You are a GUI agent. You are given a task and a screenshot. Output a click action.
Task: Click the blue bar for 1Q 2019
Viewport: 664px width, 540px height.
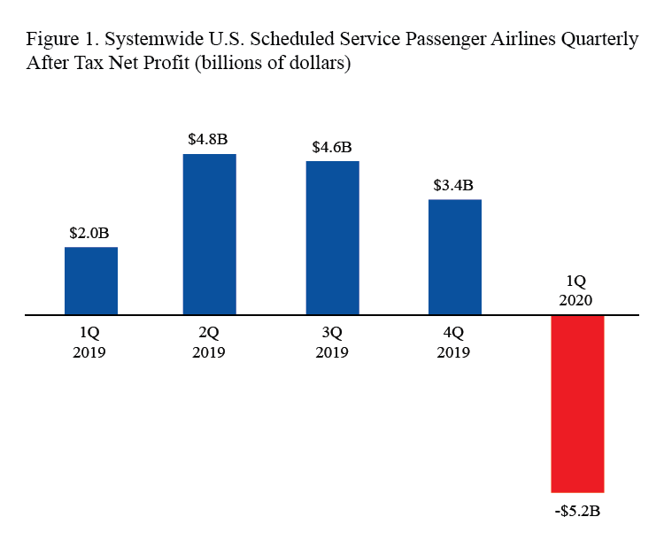pyautogui.click(x=91, y=281)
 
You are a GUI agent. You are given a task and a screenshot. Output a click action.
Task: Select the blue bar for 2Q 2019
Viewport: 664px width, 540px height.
pyautogui.click(x=210, y=235)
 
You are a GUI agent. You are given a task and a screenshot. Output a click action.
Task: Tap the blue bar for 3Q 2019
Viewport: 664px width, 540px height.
pyautogui.click(x=332, y=237)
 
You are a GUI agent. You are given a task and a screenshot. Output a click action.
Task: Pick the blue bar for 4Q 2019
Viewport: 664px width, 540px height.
pyautogui.click(x=455, y=257)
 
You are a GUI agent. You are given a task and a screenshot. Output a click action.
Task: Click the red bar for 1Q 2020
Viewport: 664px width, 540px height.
pyautogui.click(x=577, y=404)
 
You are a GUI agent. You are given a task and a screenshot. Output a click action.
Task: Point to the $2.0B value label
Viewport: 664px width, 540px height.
pyautogui.click(x=90, y=234)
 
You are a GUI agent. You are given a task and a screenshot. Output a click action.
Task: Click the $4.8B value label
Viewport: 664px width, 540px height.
pyautogui.click(x=209, y=140)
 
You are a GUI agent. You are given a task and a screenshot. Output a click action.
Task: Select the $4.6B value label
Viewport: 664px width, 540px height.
pyautogui.click(x=332, y=147)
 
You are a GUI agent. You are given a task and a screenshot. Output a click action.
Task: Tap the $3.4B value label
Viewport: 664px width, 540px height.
pyautogui.click(x=453, y=186)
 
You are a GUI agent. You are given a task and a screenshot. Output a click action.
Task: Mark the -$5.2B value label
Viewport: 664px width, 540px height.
pyautogui.click(x=577, y=512)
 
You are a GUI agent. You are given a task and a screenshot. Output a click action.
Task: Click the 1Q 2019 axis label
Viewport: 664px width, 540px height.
pyautogui.click(x=90, y=343)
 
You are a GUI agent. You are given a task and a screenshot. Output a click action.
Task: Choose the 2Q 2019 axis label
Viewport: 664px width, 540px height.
pyautogui.click(x=210, y=343)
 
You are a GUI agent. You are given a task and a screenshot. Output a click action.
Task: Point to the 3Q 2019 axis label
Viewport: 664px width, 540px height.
pyautogui.click(x=332, y=343)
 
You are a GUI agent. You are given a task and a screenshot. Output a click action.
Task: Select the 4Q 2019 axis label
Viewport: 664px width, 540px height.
pyautogui.click(x=454, y=343)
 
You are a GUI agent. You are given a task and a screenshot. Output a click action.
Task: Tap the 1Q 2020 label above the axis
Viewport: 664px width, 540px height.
pyautogui.click(x=576, y=290)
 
